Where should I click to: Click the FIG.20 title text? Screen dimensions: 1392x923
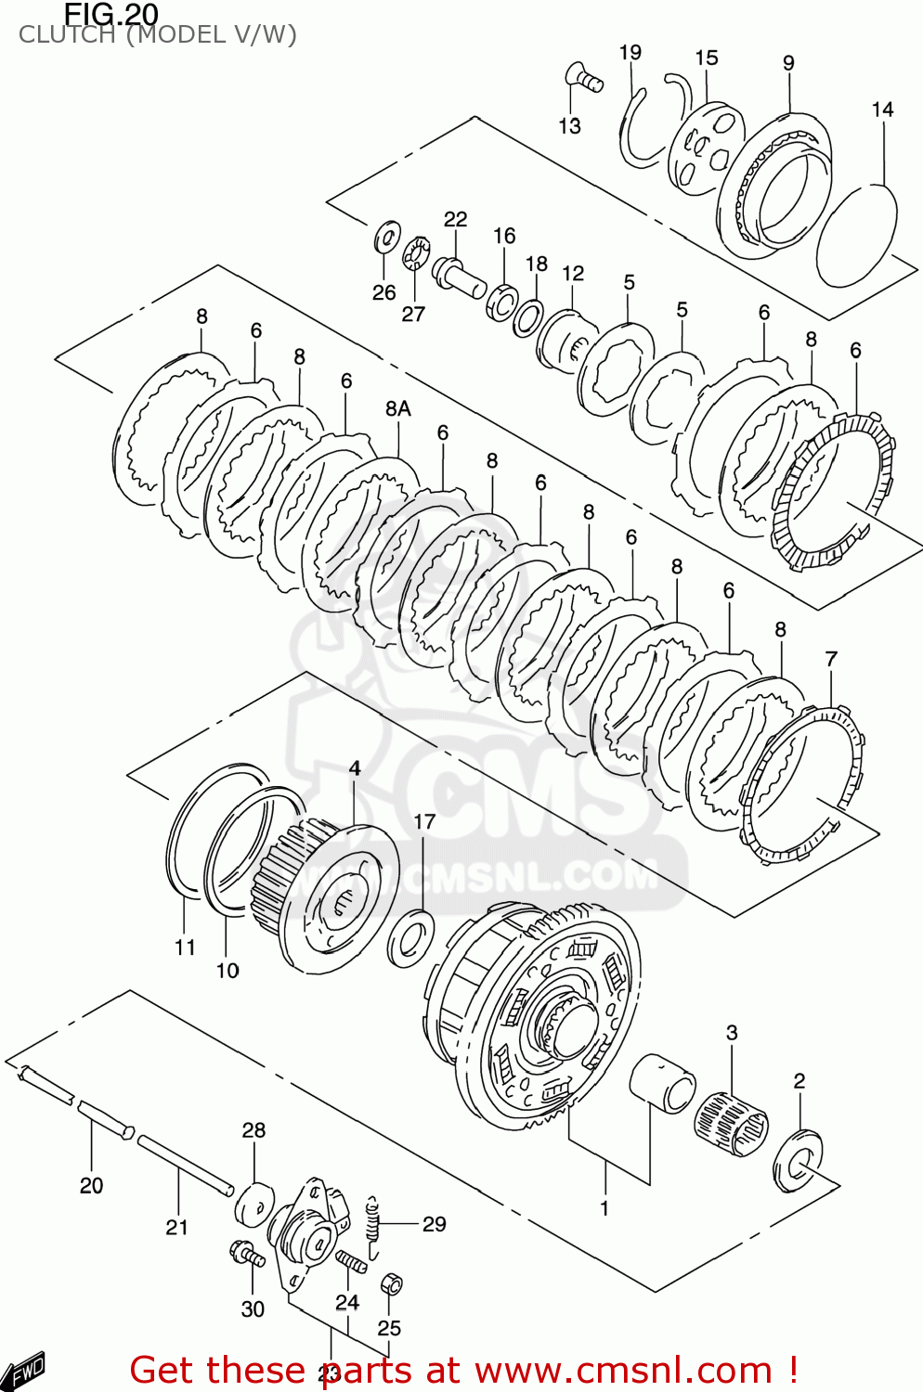[x=111, y=14]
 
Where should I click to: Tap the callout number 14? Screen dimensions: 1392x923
[x=882, y=110]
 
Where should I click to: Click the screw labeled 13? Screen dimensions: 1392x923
[x=583, y=78]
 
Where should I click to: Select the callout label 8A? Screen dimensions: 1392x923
[x=397, y=408]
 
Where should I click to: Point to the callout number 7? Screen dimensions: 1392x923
[x=831, y=659]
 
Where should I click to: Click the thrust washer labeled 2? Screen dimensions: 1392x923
[x=798, y=1161]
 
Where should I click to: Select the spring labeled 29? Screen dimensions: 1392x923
[x=373, y=1226]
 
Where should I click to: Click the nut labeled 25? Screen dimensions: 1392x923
[x=392, y=1284]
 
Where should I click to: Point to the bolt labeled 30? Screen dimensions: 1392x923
[x=247, y=1255]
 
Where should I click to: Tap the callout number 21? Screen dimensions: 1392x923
[x=177, y=1227]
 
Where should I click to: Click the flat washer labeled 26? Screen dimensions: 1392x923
[x=387, y=238]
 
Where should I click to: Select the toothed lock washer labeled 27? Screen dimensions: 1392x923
[x=415, y=252]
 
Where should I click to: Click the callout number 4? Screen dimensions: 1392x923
[x=355, y=768]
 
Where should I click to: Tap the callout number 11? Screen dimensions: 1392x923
[x=185, y=947]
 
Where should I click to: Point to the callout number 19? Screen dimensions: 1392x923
[x=630, y=52]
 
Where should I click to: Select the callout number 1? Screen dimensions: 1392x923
[x=604, y=1208]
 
